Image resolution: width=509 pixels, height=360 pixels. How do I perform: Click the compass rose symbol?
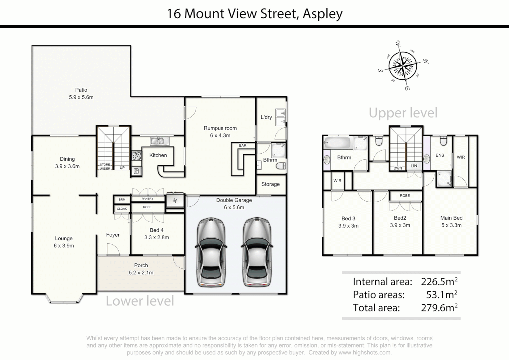pos(403,65)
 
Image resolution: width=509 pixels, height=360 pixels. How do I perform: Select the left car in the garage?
pos(211,252)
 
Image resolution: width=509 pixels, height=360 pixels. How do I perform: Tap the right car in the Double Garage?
pos(256,252)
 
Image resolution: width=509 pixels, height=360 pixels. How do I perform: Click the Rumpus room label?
pos(220,128)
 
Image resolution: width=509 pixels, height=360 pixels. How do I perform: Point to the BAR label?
pos(243,145)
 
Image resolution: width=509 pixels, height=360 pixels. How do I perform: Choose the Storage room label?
pos(270,184)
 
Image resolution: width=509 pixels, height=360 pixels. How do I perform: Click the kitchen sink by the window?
pos(159,141)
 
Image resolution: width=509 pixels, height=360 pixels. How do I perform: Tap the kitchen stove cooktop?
pos(137,155)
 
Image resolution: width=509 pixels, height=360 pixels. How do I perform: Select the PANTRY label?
pos(147,199)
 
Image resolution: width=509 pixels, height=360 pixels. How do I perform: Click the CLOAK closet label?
pos(122,209)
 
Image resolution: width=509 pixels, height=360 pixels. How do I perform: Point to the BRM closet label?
pos(122,200)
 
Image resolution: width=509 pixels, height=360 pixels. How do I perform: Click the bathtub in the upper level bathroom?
pos(337,143)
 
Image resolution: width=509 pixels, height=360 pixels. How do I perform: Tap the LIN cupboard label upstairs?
pos(414,166)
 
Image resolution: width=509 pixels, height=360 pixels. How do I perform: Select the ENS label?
pos(440,155)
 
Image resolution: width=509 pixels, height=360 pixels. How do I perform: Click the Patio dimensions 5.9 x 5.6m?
pos(81,97)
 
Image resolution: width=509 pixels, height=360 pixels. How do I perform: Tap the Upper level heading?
pos(403,113)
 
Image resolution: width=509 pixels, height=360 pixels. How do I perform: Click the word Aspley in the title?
pos(322,14)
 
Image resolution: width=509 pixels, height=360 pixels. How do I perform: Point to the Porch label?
pos(141,265)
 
